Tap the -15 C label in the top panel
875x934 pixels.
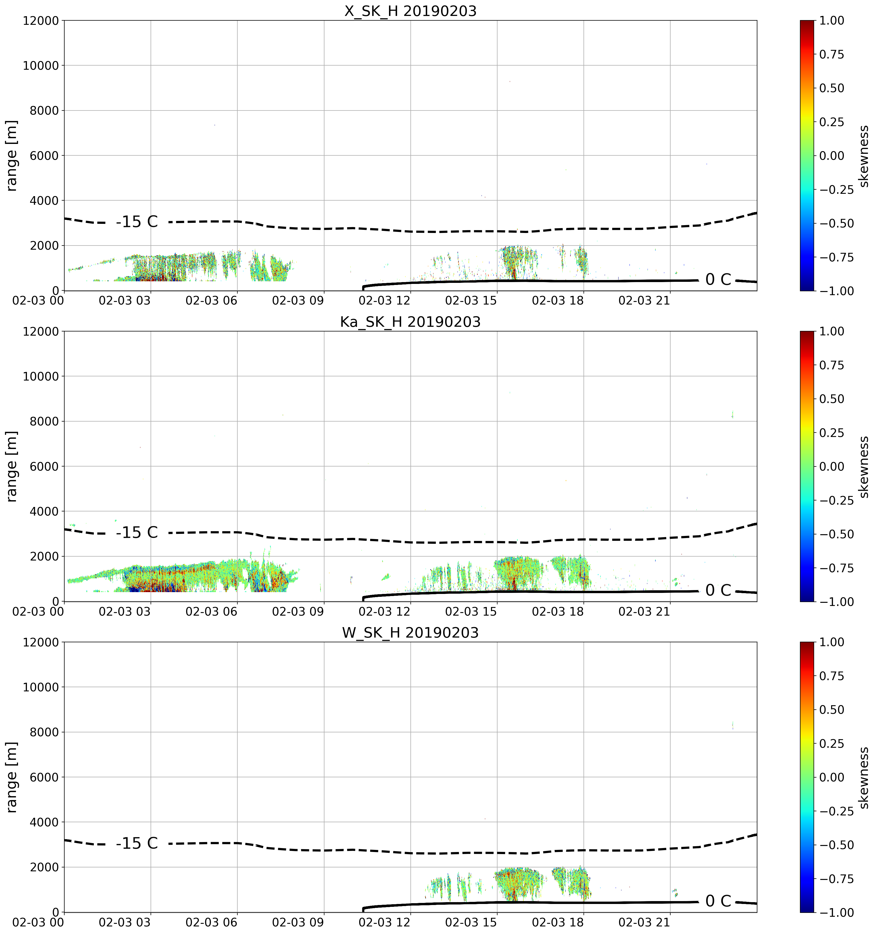coord(137,222)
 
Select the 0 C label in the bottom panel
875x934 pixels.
coord(718,901)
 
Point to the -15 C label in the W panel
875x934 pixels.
coord(137,843)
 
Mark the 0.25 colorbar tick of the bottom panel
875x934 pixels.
coord(832,744)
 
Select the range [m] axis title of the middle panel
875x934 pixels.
coord(12,466)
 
